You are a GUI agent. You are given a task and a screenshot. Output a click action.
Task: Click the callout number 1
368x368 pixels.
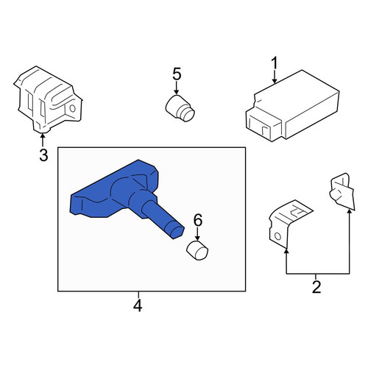(x=275, y=63)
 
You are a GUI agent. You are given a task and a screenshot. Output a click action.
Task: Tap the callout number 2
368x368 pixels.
(x=316, y=287)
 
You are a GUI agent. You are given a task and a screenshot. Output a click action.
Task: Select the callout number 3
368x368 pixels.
(x=43, y=155)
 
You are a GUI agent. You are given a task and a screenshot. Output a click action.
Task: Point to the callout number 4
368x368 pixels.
(x=138, y=305)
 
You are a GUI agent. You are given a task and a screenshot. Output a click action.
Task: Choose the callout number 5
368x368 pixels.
(x=177, y=74)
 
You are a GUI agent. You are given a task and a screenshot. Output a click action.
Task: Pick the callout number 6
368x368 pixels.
(x=198, y=220)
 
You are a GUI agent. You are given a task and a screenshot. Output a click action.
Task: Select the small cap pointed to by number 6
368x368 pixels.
(x=197, y=250)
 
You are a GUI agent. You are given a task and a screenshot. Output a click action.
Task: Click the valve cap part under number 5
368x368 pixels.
(x=180, y=109)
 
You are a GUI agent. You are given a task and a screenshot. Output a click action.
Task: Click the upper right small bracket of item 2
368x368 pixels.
(x=342, y=191)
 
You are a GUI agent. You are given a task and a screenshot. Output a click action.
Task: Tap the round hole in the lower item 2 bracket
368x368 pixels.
(x=277, y=236)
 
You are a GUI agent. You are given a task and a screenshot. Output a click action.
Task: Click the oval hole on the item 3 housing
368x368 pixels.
(x=72, y=108)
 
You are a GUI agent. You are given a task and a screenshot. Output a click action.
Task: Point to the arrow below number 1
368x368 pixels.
(x=275, y=77)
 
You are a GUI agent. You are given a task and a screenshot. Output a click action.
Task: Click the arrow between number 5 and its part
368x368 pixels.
(x=177, y=88)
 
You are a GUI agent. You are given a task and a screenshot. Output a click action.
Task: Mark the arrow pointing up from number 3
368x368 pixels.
(x=43, y=140)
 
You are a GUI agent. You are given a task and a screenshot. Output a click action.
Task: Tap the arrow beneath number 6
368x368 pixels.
(x=197, y=233)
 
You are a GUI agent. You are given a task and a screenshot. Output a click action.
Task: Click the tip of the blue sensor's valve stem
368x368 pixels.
(x=179, y=233)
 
